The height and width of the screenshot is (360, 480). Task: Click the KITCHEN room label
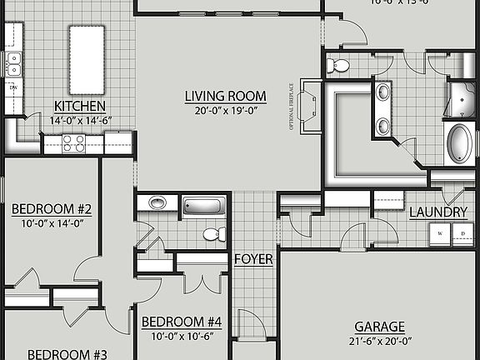[x=79, y=106]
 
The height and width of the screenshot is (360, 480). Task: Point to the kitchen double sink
[x=13, y=63]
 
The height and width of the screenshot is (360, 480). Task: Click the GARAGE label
[x=379, y=327]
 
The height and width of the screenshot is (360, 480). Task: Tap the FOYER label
[x=253, y=259]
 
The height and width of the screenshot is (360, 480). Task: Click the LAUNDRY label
[x=438, y=212]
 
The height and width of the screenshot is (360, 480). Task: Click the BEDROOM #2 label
[x=51, y=209]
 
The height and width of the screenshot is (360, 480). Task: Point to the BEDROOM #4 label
[x=181, y=322]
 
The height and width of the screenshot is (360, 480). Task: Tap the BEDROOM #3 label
[x=67, y=354]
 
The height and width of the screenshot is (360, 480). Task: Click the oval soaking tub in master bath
[x=460, y=143]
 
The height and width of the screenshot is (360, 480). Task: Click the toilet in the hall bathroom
[x=214, y=233]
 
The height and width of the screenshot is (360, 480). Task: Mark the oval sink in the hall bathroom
[x=157, y=202]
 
